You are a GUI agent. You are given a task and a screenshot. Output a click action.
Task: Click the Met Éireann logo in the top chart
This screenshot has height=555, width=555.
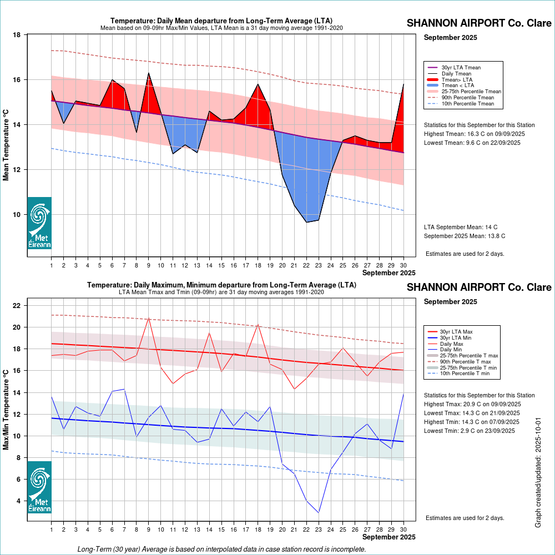[x=39, y=223]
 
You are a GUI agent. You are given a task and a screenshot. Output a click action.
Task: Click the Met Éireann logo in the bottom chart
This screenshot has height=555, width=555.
[x=39, y=487]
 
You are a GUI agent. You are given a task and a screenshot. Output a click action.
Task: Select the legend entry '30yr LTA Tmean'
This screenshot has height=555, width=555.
[x=461, y=68]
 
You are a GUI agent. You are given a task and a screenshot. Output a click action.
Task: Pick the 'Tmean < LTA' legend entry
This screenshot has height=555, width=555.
[x=457, y=85]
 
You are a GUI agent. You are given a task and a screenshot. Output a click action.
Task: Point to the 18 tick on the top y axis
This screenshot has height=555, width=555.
[x=17, y=35]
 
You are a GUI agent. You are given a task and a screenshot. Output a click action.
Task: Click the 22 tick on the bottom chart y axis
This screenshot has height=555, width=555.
[x=17, y=306]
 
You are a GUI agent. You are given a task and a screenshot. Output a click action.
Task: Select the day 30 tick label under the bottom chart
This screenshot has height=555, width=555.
[x=403, y=529]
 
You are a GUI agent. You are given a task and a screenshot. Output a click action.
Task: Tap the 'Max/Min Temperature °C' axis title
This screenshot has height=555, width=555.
[x=7, y=410]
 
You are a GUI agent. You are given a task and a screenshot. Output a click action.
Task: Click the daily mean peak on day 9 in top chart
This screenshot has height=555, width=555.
[x=149, y=73]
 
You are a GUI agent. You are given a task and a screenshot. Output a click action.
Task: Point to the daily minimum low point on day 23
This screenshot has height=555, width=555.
[x=319, y=512]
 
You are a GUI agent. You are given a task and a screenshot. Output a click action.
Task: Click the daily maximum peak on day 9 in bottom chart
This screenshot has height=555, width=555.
[x=149, y=318]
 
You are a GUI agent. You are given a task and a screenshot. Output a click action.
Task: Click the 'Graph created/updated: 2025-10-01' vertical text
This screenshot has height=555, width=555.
[x=538, y=473]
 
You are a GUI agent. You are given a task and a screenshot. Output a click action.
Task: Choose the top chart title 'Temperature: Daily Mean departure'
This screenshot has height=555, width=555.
[x=221, y=21]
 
